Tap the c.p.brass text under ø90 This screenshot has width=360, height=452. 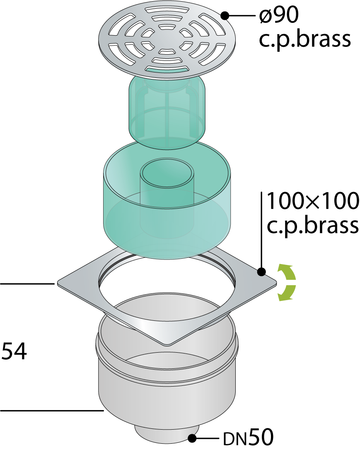304,39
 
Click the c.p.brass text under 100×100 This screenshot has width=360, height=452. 313,225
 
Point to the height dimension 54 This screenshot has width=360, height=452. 14,351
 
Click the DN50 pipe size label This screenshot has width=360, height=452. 248,438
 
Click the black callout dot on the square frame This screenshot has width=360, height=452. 261,272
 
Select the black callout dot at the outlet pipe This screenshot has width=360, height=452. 192,438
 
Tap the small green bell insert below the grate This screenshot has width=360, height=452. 167,113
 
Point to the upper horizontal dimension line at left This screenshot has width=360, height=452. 27,284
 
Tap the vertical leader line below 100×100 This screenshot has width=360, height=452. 261,231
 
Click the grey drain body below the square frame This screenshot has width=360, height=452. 167,375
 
